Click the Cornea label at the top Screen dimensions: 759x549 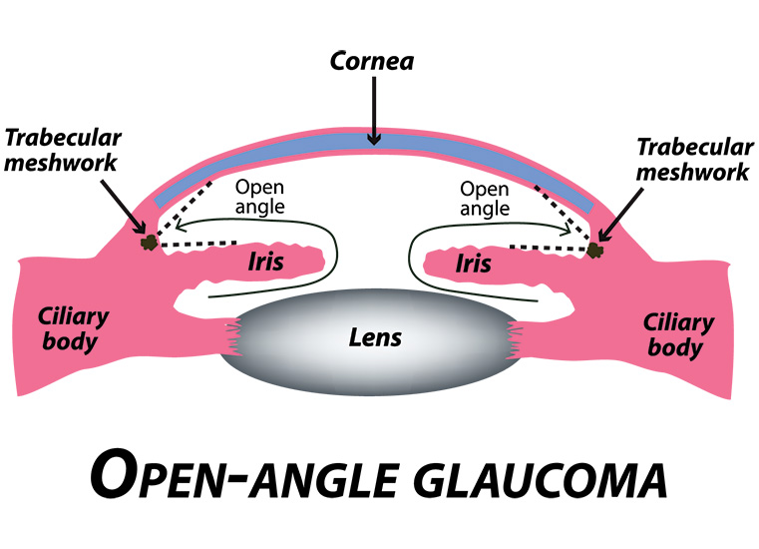coord(372,61)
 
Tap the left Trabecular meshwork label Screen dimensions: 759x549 coord(62,150)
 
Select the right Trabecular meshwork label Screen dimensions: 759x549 coord(694,160)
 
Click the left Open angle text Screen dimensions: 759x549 coord(259,197)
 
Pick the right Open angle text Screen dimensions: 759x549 coord(485,199)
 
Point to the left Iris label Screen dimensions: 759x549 coord(265,262)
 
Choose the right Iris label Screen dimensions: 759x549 coord(474,265)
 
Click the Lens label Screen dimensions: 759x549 coord(375,337)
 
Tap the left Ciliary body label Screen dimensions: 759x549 coord(73,329)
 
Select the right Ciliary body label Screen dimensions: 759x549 coord(678,335)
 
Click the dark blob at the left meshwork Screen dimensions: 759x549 coord(149,242)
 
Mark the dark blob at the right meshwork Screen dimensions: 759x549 coord(594,250)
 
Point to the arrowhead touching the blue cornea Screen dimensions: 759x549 coord(374,139)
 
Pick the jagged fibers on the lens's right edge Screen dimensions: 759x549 coord(514,340)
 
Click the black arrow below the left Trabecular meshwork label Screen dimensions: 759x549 coord(124,207)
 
